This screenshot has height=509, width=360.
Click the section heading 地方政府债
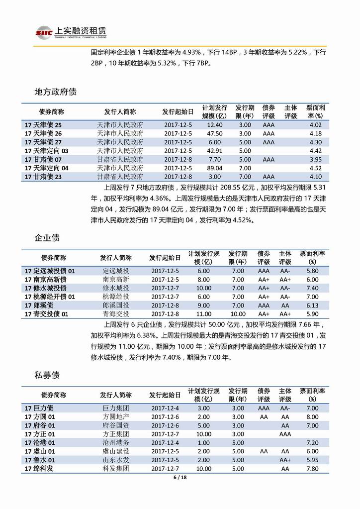55,92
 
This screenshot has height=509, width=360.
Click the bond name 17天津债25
43,125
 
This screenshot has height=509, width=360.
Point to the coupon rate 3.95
316,159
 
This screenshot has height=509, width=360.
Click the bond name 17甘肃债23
43,177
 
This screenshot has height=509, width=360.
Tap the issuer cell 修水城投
116,288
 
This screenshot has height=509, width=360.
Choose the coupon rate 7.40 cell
312,288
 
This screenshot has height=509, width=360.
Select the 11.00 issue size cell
203,314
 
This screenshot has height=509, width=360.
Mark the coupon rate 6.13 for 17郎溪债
312,305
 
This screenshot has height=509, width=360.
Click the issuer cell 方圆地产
116,417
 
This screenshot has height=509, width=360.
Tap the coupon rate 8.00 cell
312,417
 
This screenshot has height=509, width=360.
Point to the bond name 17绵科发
38,469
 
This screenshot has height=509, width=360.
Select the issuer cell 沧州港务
116,443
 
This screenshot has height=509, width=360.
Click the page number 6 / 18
180,478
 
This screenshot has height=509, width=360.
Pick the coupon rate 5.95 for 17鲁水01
312,460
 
